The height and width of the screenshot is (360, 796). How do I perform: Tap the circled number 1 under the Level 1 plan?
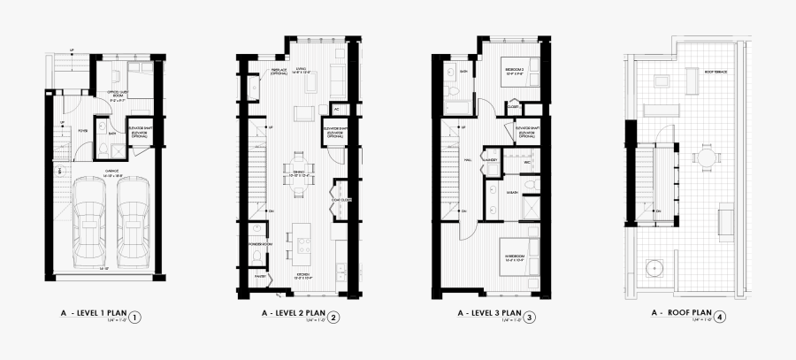(134, 316)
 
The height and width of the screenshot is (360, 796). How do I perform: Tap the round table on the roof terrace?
(707, 157)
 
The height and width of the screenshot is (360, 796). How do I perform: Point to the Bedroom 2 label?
(516, 71)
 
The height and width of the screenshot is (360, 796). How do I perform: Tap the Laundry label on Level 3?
(491, 159)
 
